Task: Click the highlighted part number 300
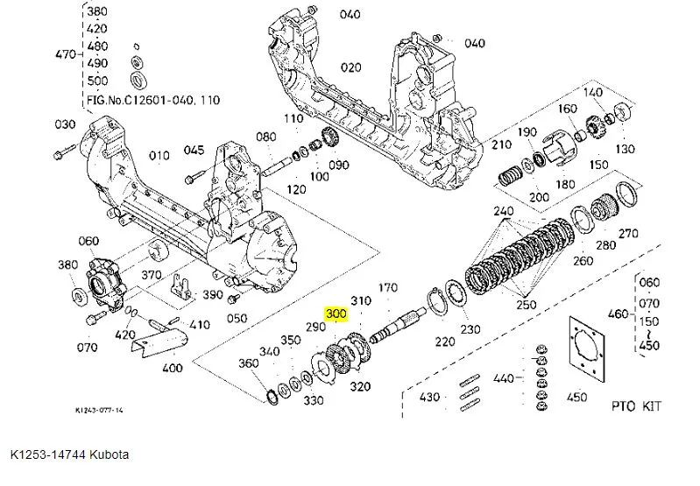pyautogui.click(x=336, y=313)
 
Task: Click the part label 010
pyautogui.click(x=159, y=156)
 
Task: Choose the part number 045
pyautogui.click(x=194, y=150)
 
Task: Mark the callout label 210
pyautogui.click(x=501, y=144)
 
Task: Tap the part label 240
pyautogui.click(x=503, y=212)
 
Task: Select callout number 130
pyautogui.click(x=625, y=149)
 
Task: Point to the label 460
pyautogui.click(x=619, y=313)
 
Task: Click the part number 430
pyautogui.click(x=429, y=398)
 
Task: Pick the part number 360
pyautogui.click(x=249, y=363)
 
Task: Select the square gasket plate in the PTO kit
pyautogui.click(x=584, y=348)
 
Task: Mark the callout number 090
pyautogui.click(x=338, y=165)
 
